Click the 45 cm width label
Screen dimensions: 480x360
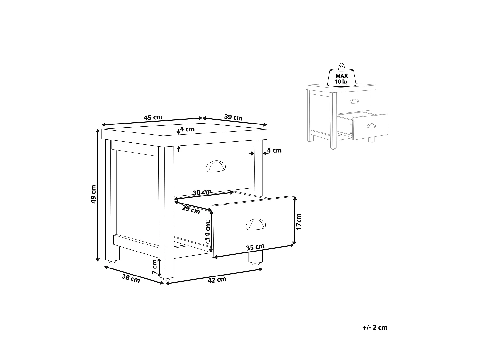[x=153, y=117]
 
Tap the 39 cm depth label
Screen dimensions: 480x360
[x=233, y=117]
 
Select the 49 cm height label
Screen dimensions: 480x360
[x=93, y=194]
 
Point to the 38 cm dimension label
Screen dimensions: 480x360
[x=131, y=278]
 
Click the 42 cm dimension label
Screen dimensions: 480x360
[x=217, y=280]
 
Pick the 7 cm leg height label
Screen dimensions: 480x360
[x=155, y=267]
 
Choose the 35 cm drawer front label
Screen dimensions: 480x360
[x=255, y=247]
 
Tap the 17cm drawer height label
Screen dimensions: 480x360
[x=299, y=222]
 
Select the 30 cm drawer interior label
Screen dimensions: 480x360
[x=202, y=192]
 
